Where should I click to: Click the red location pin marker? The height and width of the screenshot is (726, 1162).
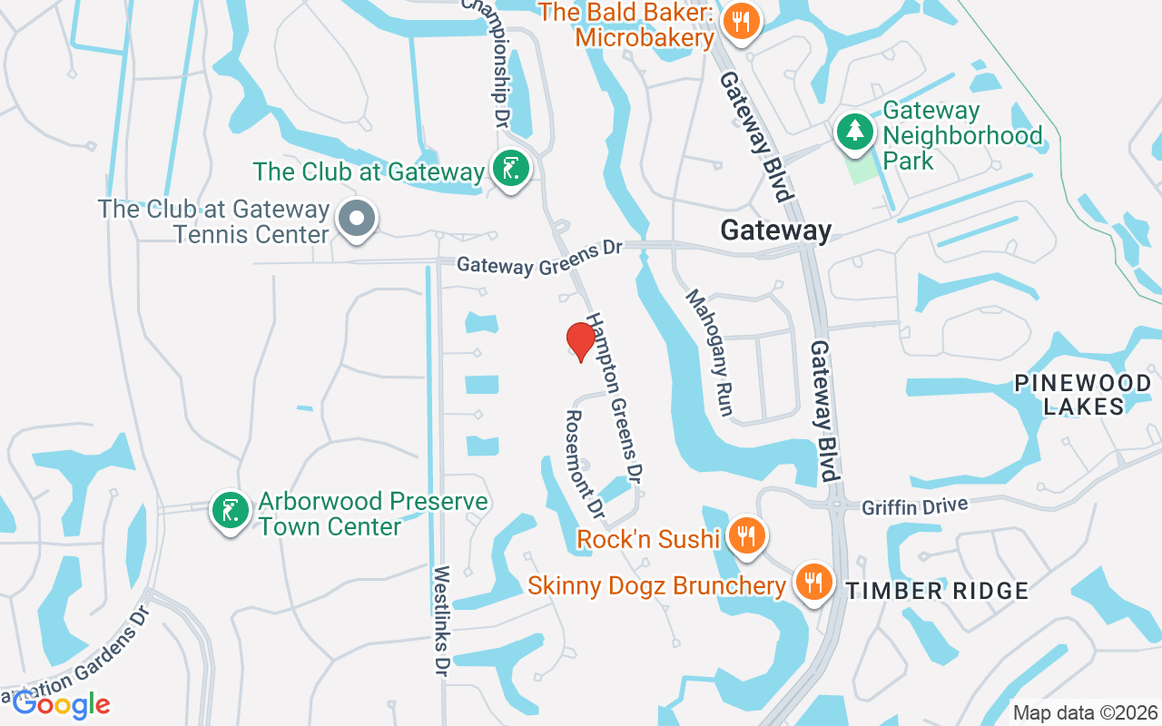(x=580, y=341)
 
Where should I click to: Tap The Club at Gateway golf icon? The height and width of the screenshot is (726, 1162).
(x=510, y=169)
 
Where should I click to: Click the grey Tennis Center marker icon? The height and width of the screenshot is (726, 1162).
(x=357, y=219)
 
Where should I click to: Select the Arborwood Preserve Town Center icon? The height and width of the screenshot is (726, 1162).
(x=230, y=510)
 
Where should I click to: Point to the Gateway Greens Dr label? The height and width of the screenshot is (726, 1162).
(x=539, y=257)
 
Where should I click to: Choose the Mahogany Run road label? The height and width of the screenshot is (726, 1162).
(x=709, y=352)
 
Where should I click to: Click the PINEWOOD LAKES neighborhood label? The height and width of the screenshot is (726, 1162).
(x=1083, y=395)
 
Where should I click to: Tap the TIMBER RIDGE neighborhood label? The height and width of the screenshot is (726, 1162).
(x=938, y=592)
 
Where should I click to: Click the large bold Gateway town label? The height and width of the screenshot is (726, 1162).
(x=775, y=231)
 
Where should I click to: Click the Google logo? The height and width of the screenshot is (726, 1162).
(x=62, y=704)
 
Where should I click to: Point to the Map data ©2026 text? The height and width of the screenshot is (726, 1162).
(x=1085, y=712)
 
